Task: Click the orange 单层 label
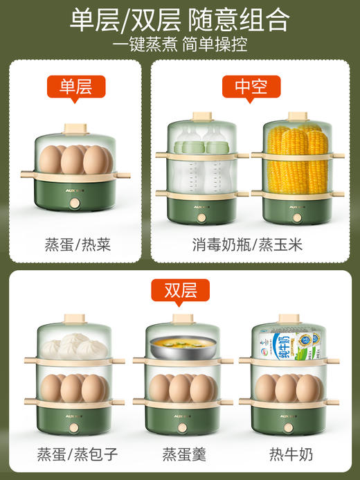pos(76,86)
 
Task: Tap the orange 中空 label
pos(251,86)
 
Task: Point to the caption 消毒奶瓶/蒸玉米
pos(250,245)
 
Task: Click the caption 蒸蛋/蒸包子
pos(73,454)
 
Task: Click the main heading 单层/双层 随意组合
pos(179,19)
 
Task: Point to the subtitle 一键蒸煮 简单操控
pos(179,45)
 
